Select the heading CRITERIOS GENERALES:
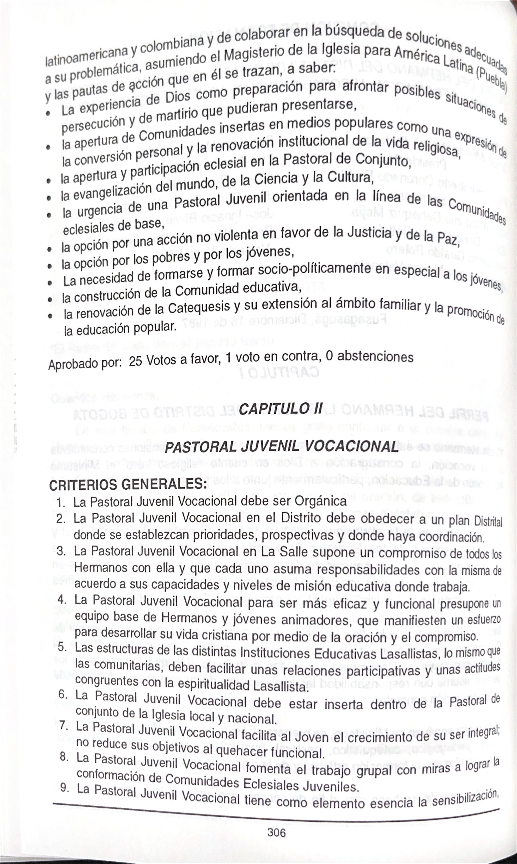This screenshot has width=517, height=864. click(x=128, y=485)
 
